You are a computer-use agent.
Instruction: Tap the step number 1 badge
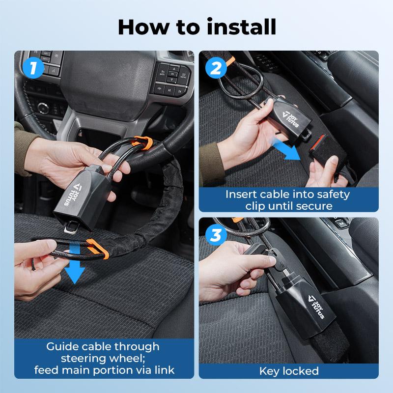[x=33, y=68]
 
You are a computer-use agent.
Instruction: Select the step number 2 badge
[x=216, y=68]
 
